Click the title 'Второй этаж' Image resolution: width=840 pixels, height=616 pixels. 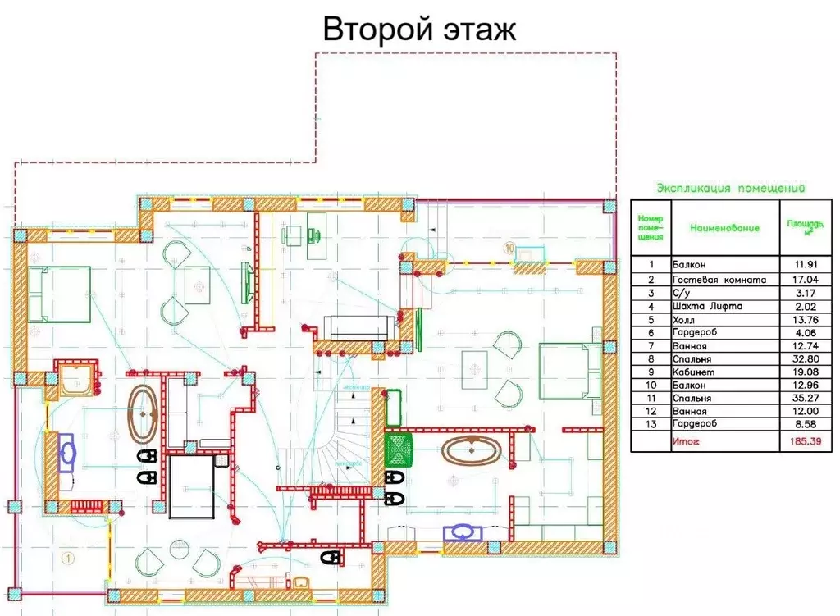coord(419,29)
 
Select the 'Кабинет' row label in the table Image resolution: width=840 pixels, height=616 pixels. coord(696,371)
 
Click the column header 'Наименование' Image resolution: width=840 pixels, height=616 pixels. coord(725,228)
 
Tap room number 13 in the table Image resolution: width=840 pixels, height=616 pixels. coord(651,423)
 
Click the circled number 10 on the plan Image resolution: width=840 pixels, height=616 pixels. coord(509,246)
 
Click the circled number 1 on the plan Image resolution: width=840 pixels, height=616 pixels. coord(67,558)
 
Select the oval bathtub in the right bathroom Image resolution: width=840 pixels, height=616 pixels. coord(471,451)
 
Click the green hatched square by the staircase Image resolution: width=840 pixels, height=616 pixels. coord(399,450)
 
